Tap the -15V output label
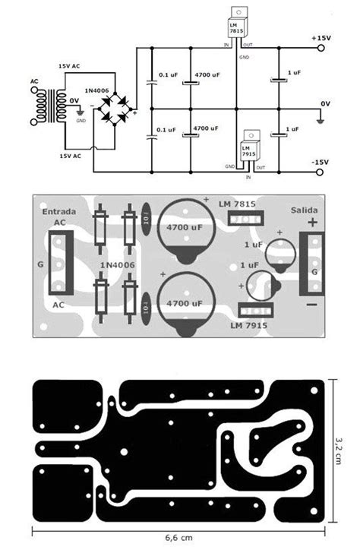[319, 162]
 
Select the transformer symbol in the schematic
[48, 100]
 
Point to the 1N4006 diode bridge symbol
[116, 111]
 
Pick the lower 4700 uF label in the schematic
[206, 130]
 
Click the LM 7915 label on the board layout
[248, 324]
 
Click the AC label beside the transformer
[33, 81]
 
